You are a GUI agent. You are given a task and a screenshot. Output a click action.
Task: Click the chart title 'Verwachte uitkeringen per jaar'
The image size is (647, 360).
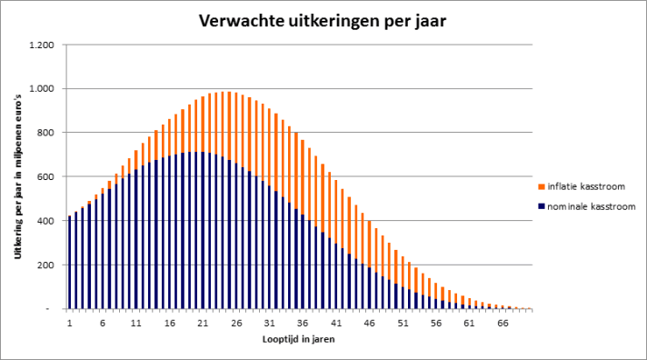323,21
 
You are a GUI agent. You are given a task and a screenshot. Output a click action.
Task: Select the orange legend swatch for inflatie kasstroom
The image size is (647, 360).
542,187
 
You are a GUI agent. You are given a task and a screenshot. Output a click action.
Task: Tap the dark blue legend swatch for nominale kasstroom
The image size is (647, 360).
542,206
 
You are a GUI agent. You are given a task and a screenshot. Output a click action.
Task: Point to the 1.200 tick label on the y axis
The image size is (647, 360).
41,45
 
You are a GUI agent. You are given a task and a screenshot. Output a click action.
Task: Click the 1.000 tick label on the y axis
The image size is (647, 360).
41,89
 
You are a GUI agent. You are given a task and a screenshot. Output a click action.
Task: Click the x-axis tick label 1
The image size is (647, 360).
69,323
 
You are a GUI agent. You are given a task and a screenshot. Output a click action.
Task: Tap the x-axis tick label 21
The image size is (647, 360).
203,323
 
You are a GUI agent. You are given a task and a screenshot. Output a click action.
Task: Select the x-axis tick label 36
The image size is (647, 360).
303,323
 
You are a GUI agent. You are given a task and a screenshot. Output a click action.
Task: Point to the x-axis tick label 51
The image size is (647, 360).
403,323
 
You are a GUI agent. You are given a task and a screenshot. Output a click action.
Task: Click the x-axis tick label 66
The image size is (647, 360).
503,323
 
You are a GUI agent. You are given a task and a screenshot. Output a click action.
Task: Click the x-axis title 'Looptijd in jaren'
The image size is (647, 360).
299,339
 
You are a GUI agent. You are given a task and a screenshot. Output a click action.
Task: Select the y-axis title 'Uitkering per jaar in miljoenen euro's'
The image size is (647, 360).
17,176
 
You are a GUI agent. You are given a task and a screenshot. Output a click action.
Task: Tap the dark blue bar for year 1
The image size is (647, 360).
69,262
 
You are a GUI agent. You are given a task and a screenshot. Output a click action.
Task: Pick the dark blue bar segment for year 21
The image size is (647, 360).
203,230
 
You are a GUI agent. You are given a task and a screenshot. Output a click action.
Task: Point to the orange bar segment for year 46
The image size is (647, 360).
369,244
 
